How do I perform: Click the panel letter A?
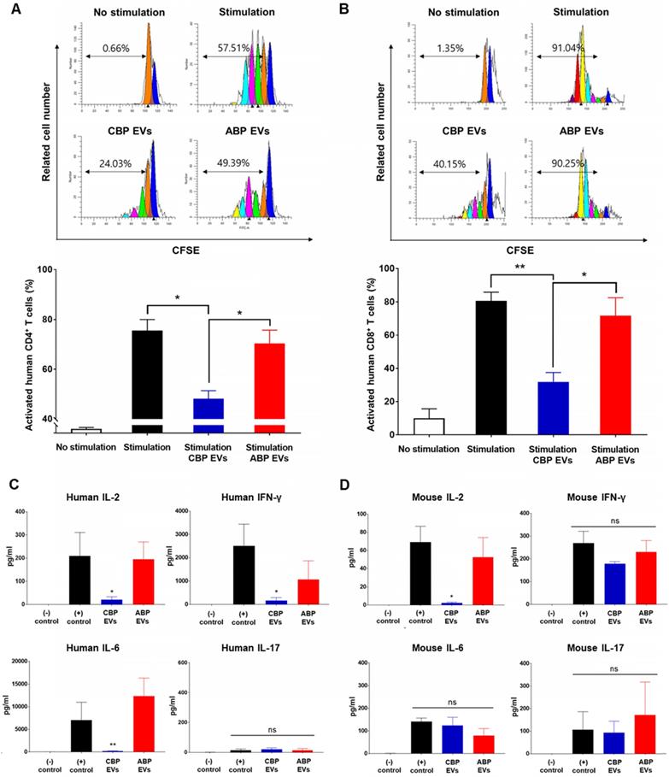(x=9, y=10)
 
